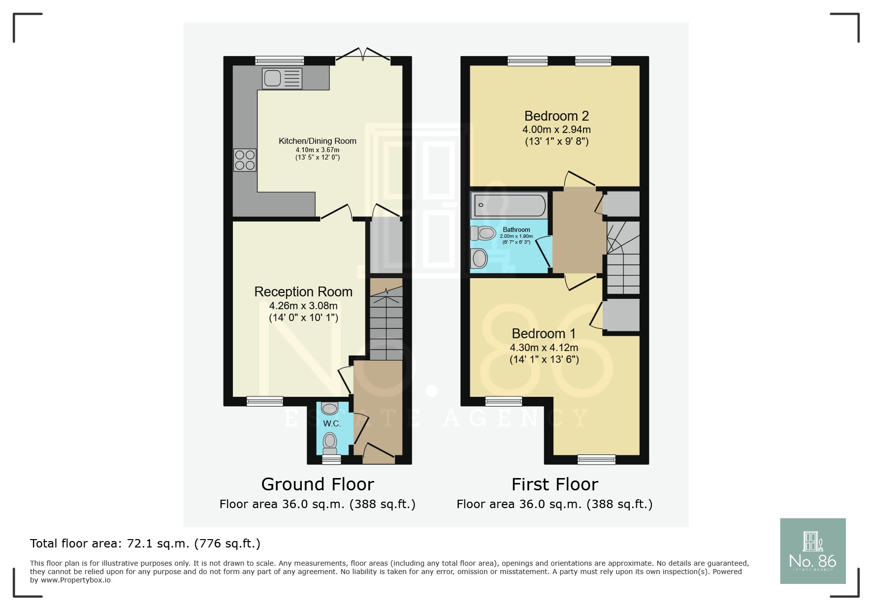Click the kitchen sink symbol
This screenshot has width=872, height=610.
(282, 79)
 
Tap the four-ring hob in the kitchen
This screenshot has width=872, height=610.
(245, 160)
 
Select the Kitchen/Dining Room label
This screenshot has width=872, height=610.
(317, 141)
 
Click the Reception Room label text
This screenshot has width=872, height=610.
(303, 292)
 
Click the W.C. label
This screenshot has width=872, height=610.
(331, 423)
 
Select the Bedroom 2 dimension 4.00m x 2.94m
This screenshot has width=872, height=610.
(556, 129)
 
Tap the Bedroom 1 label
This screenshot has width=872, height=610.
(544, 334)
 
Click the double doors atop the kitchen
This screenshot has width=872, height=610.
(362, 54)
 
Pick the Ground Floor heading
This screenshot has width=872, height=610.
(318, 484)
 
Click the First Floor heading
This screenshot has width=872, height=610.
(554, 484)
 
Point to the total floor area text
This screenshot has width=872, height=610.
(145, 544)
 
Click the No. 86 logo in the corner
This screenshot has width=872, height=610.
(812, 551)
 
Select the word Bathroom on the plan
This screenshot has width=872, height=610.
(516, 229)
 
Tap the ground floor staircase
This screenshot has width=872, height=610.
(386, 322)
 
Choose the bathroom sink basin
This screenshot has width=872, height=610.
(479, 258)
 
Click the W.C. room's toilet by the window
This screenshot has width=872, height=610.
(329, 442)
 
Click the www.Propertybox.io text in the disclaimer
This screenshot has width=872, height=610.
(75, 580)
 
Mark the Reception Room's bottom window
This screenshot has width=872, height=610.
(265, 401)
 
